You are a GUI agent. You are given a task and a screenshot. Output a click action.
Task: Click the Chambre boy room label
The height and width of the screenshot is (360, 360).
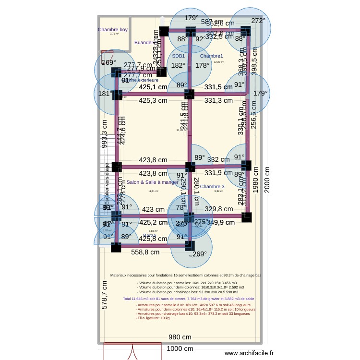pyautogui.click(x=113, y=30)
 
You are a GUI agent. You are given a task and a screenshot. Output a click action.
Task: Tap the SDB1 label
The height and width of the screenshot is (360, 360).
pyautogui.click(x=179, y=56)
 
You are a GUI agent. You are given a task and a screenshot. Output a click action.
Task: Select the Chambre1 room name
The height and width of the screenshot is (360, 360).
pyautogui.click(x=212, y=56)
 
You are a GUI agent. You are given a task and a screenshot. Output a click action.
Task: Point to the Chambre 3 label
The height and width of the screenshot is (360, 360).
pyautogui.click(x=212, y=186)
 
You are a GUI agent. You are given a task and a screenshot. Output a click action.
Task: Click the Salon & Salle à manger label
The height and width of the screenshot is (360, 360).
pyautogui.click(x=152, y=182)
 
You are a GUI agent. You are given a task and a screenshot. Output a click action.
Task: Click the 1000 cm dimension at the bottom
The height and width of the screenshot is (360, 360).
pyautogui.click(x=180, y=349)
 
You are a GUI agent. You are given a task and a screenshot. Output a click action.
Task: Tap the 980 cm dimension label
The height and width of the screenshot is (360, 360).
pyautogui.click(x=180, y=337)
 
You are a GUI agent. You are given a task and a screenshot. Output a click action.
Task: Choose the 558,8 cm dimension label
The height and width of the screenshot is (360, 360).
pyautogui.click(x=145, y=252)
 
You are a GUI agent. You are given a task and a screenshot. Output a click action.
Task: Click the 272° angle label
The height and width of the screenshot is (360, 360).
pyautogui.click(x=258, y=21)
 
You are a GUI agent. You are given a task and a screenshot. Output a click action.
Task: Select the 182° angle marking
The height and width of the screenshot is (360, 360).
pyautogui.click(x=178, y=65)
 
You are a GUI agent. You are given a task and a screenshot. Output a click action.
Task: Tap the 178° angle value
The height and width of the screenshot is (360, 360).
pyautogui.click(x=202, y=65)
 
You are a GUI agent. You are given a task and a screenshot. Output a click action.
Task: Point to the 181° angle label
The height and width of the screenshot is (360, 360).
pyautogui.click(x=105, y=94)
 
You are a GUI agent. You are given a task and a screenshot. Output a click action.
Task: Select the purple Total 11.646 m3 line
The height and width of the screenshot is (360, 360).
pyautogui.click(x=189, y=299)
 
